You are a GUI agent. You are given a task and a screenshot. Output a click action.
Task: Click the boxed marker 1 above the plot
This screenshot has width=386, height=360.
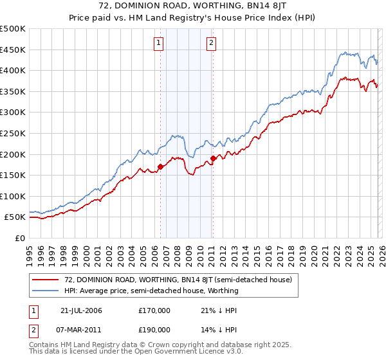click(x=159, y=44)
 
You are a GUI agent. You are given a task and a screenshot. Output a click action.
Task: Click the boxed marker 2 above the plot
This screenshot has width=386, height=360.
click(x=211, y=44)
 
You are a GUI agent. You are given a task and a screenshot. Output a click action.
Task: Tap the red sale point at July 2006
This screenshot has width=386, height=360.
click(x=160, y=166)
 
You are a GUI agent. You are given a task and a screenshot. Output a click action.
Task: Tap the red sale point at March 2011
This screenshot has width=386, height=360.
click(x=213, y=158)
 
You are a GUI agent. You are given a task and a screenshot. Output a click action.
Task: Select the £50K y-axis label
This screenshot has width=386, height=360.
click(x=15, y=217)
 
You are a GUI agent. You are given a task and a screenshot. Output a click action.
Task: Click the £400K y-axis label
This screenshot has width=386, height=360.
click(x=13, y=71)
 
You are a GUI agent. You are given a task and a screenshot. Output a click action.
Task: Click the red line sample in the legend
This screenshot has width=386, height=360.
click(x=46, y=280)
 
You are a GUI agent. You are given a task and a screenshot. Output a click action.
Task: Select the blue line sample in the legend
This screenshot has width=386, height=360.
click(x=46, y=291)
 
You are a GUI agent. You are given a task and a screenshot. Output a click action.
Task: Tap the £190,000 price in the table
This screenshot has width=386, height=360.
click(x=154, y=329)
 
